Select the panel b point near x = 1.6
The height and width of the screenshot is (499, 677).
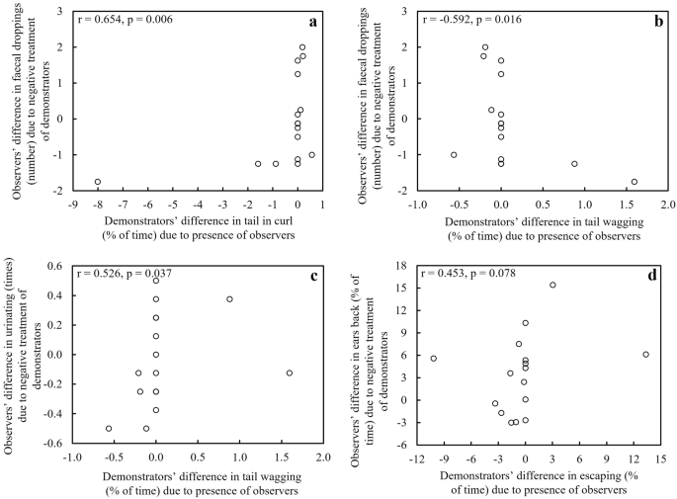tap(634, 182)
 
